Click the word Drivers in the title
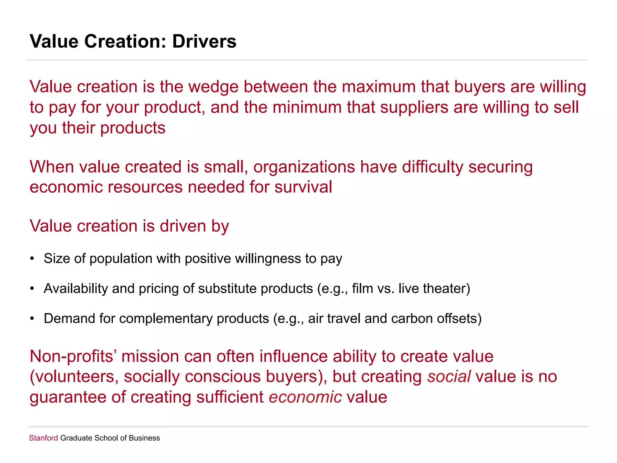pyautogui.click(x=204, y=41)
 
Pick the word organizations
pyautogui.click(x=304, y=167)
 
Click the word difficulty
pyautogui.click(x=433, y=167)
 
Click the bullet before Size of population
pyautogui.click(x=32, y=259)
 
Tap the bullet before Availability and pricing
pyautogui.click(x=32, y=288)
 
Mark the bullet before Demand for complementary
pyautogui.click(x=32, y=319)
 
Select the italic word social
pyautogui.click(x=449, y=376)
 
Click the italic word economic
pyautogui.click(x=305, y=397)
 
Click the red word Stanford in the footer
pyautogui.click(x=43, y=438)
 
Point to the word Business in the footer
pyautogui.click(x=144, y=438)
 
